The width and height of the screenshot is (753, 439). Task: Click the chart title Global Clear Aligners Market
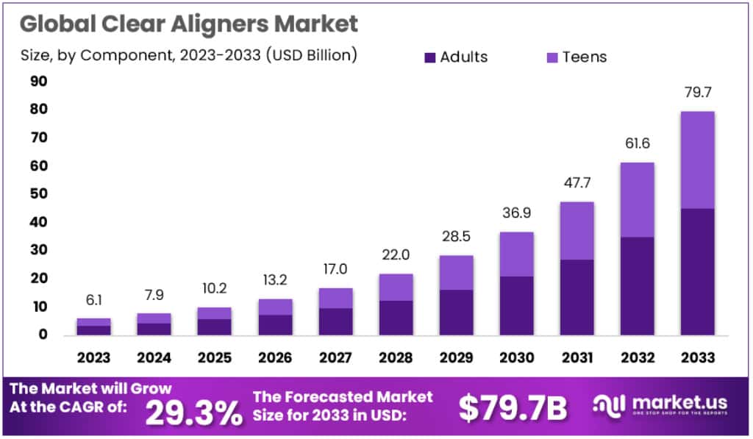coord(189,24)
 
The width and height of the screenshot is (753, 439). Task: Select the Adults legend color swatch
coord(430,57)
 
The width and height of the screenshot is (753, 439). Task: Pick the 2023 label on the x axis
coord(93,358)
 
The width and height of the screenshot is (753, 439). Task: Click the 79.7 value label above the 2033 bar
coord(697,93)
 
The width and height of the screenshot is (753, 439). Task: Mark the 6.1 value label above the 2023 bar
coord(93,301)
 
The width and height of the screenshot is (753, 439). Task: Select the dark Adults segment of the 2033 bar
coord(697,272)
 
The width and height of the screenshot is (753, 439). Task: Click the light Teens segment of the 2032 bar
coord(638,199)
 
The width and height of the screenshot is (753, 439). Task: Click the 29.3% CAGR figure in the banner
coord(193,413)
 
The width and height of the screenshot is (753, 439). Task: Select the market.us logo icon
coord(610,407)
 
